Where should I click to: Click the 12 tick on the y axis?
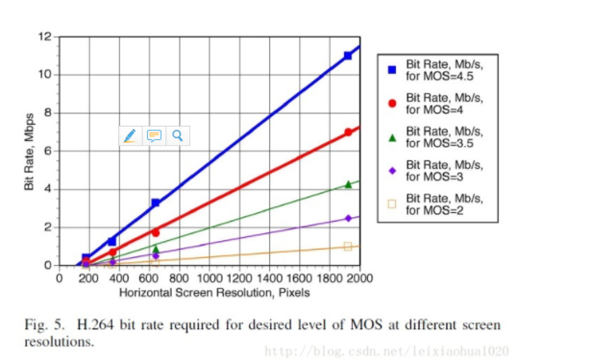pyautogui.click(x=45, y=36)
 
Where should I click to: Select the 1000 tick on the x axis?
pyautogui.click(x=210, y=278)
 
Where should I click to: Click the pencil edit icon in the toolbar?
pyautogui.click(x=130, y=136)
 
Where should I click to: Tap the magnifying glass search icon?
pyautogui.click(x=177, y=136)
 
